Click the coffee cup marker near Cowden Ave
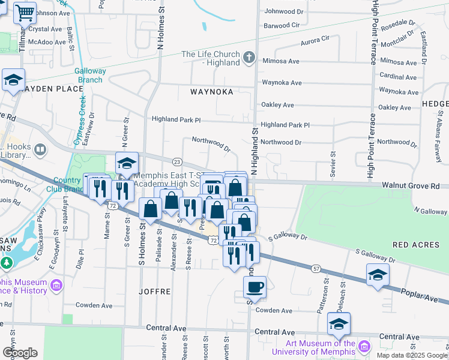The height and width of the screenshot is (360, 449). click(x=255, y=286)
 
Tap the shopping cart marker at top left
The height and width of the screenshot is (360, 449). click(x=25, y=12)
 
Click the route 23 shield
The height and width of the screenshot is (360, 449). click(x=177, y=162)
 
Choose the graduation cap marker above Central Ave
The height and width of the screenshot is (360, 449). click(x=339, y=324)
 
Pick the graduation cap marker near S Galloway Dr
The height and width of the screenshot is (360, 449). click(x=378, y=275)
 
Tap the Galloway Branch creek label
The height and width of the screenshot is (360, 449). click(x=90, y=75)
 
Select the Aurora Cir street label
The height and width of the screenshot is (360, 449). click(x=315, y=38)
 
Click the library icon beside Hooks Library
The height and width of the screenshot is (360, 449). click(x=40, y=149)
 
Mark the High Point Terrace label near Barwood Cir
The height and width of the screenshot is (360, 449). click(x=374, y=33)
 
